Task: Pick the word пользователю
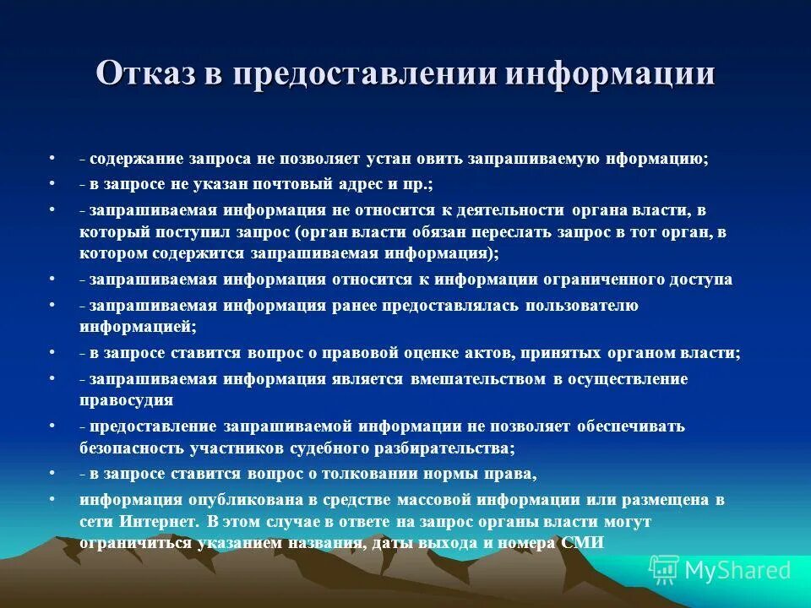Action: [x=581, y=305]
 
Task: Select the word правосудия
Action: [x=127, y=400]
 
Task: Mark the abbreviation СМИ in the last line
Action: [x=582, y=543]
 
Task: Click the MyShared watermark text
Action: [x=738, y=570]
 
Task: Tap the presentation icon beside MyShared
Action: [x=664, y=570]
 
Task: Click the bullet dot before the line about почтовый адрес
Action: [x=52, y=182]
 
